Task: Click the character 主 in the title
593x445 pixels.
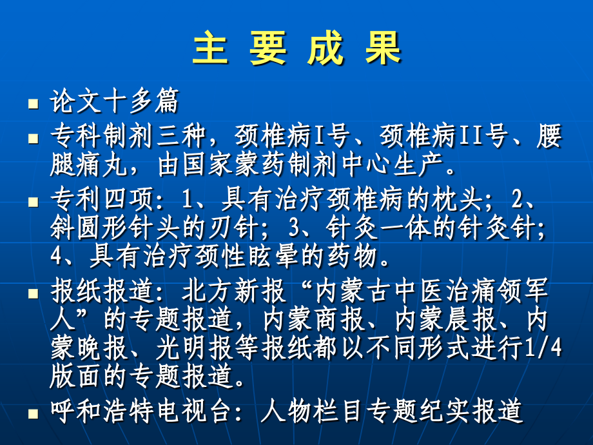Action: tap(211, 48)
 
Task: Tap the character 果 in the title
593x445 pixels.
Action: tap(383, 48)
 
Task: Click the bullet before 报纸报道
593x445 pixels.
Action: tap(34, 293)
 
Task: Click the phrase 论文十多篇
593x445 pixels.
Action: tap(114, 101)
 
